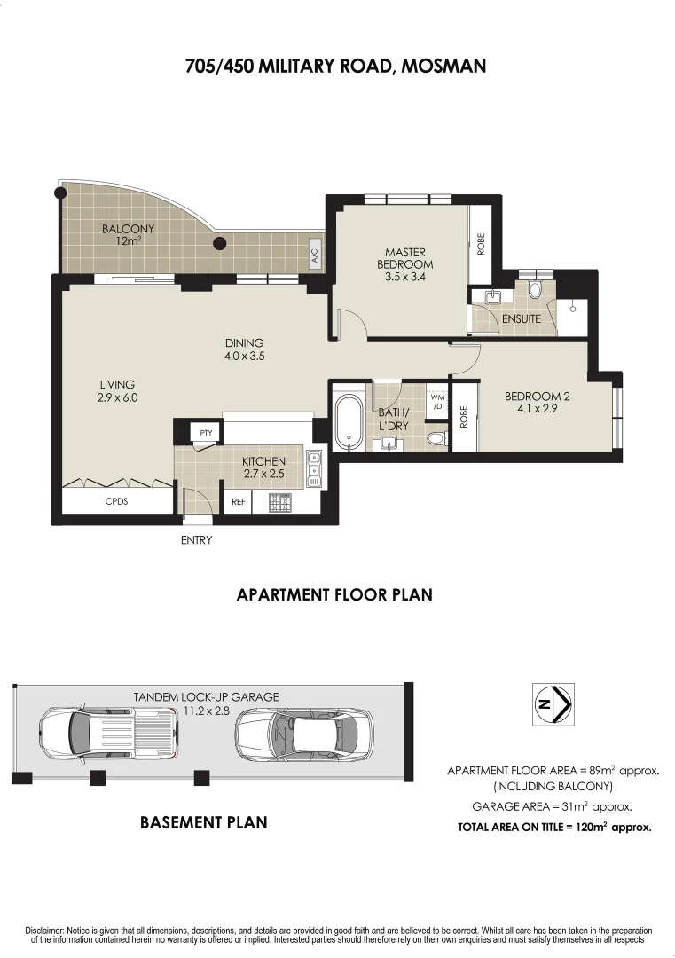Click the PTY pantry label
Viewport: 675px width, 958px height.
coord(207,433)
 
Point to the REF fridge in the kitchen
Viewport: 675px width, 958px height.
coord(238,501)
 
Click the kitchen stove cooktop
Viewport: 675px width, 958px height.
coord(281,502)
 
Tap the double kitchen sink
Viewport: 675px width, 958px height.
coord(314,468)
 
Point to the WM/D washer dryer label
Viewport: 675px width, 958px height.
coord(437,402)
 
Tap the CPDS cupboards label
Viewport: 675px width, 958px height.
coord(117,501)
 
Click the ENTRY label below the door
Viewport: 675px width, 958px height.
coord(196,539)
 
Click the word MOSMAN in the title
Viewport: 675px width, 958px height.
coord(443,66)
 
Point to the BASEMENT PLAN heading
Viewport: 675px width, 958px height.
coord(203,822)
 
